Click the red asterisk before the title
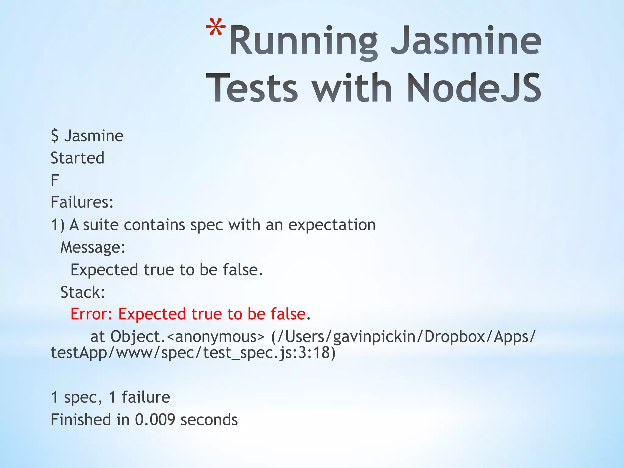click(216, 28)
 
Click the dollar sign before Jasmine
click(55, 136)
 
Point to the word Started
click(77, 158)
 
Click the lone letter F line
click(55, 180)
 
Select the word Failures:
click(82, 202)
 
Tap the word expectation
click(332, 225)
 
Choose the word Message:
click(93, 247)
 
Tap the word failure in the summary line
click(146, 397)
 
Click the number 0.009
click(155, 420)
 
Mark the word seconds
click(209, 420)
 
